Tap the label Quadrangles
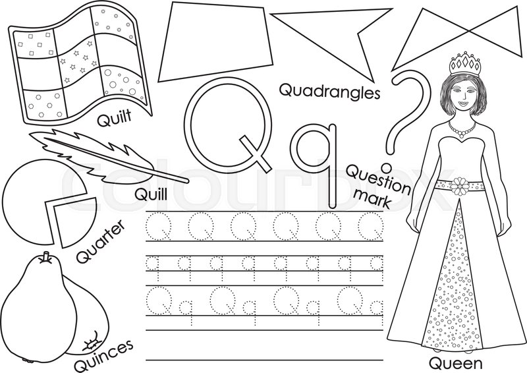(329, 91)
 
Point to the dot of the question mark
(387, 159)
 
